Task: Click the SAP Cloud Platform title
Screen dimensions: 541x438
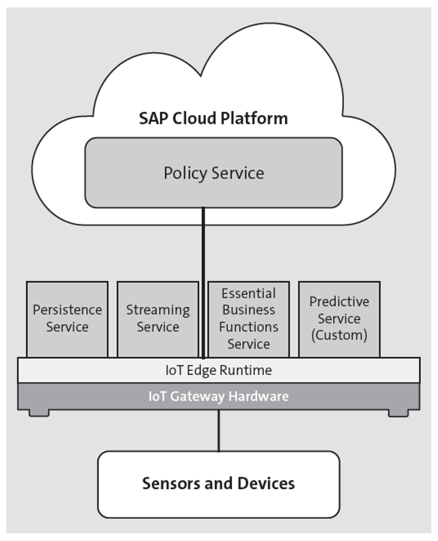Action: [x=213, y=118]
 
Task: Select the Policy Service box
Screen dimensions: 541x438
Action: [x=213, y=173]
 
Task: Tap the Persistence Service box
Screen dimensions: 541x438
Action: [x=67, y=319]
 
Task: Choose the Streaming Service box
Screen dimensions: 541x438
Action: [x=157, y=319]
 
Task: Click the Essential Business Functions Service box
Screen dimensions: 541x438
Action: [x=248, y=319]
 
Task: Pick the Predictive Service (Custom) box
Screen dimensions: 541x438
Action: [x=339, y=319]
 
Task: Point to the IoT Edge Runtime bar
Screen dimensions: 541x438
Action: [x=218, y=371]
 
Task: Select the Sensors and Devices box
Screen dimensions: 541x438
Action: [x=218, y=484]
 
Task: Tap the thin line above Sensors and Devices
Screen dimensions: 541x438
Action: [x=218, y=431]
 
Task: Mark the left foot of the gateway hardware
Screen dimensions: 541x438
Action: [x=39, y=413]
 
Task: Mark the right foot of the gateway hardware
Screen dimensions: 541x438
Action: [x=398, y=413]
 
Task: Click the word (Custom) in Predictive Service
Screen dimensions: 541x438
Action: [x=339, y=335]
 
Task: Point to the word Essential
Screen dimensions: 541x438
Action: [x=248, y=293]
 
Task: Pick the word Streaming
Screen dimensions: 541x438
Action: [x=157, y=310]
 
